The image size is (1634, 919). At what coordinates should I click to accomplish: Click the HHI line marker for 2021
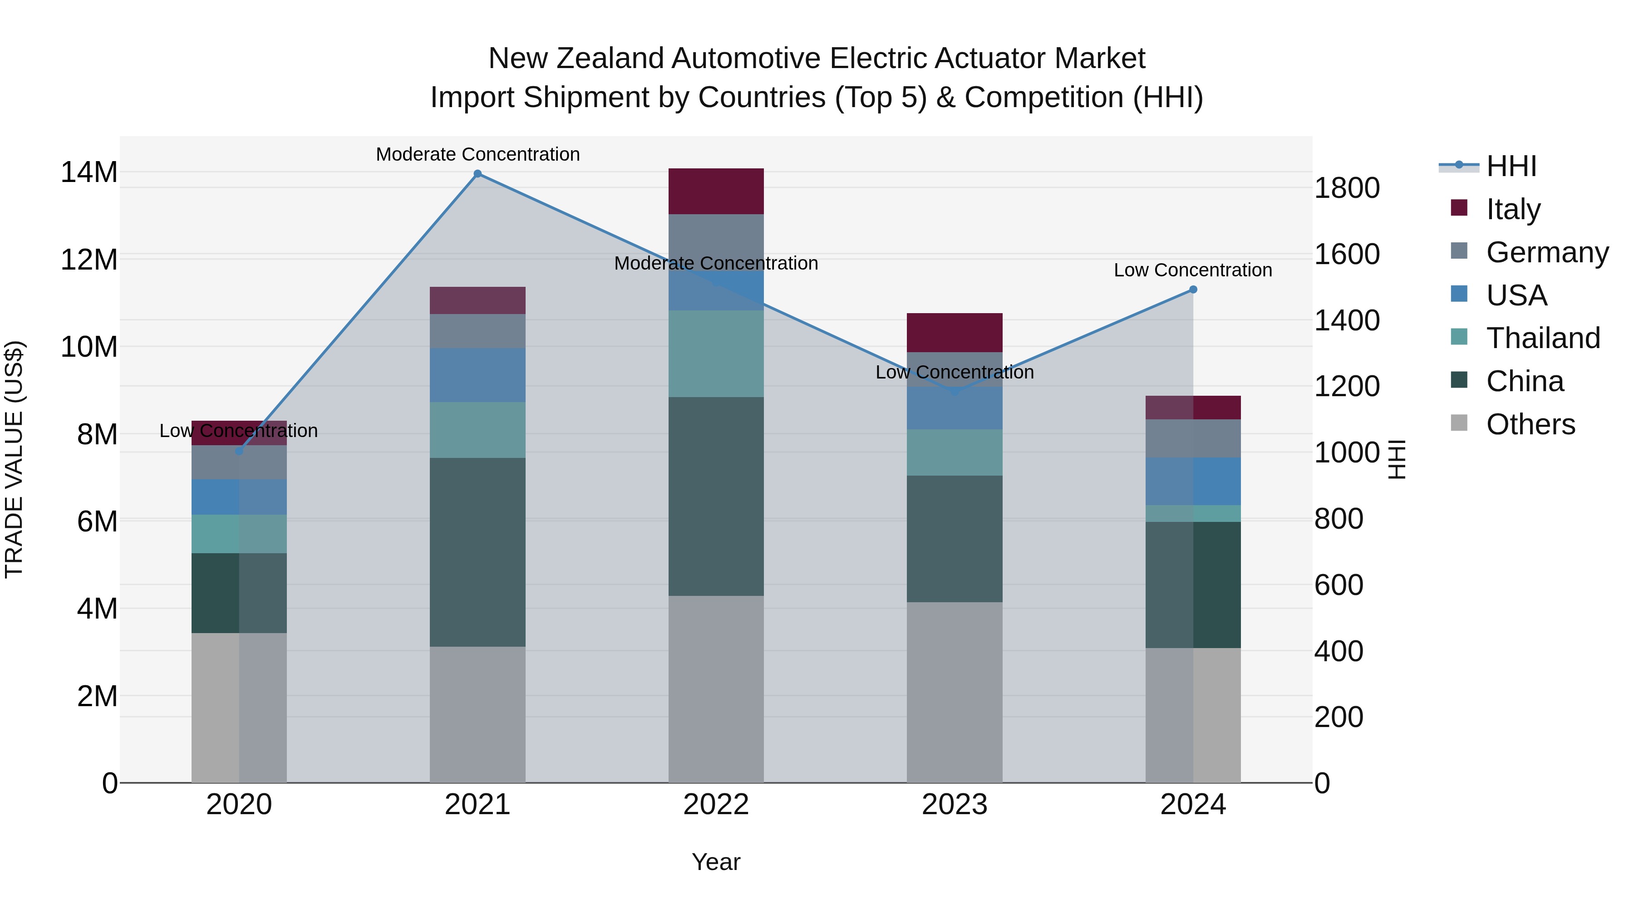coord(477,174)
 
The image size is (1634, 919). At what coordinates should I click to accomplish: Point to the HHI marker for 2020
coord(239,452)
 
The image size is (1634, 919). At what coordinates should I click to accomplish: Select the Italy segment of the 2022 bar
coord(716,191)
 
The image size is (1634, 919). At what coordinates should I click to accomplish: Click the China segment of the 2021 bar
coord(477,552)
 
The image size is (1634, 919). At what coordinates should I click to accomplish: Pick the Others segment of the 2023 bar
coord(955,692)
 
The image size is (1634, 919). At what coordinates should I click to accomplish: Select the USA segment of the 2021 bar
coord(477,375)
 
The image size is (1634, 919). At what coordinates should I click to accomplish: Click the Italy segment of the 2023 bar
coord(955,332)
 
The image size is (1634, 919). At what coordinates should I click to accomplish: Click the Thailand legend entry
coord(1543,338)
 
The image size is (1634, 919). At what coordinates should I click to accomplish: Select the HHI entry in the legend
coord(1511,166)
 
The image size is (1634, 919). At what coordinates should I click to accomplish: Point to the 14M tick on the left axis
coord(89,172)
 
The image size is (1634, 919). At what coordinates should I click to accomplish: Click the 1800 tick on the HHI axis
coord(1347,188)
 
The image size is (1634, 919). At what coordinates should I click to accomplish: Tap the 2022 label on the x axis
coord(716,805)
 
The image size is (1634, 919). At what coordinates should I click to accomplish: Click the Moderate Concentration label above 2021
coord(477,154)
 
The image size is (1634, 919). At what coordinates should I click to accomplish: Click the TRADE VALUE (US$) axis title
coord(14,459)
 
